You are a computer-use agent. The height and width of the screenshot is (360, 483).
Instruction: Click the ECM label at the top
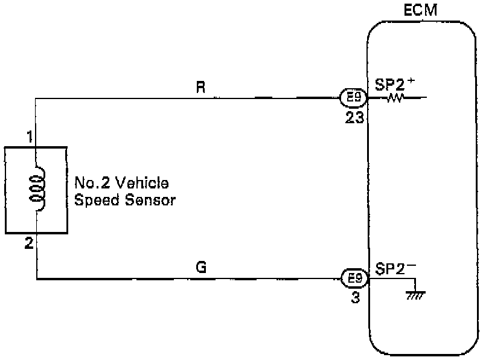(421, 10)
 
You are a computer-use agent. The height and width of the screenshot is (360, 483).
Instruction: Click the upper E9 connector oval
(352, 97)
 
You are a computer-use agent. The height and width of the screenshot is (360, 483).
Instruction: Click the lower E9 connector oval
(352, 278)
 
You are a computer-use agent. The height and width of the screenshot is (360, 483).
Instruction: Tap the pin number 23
(354, 117)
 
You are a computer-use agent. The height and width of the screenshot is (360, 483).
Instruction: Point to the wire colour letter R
(201, 86)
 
